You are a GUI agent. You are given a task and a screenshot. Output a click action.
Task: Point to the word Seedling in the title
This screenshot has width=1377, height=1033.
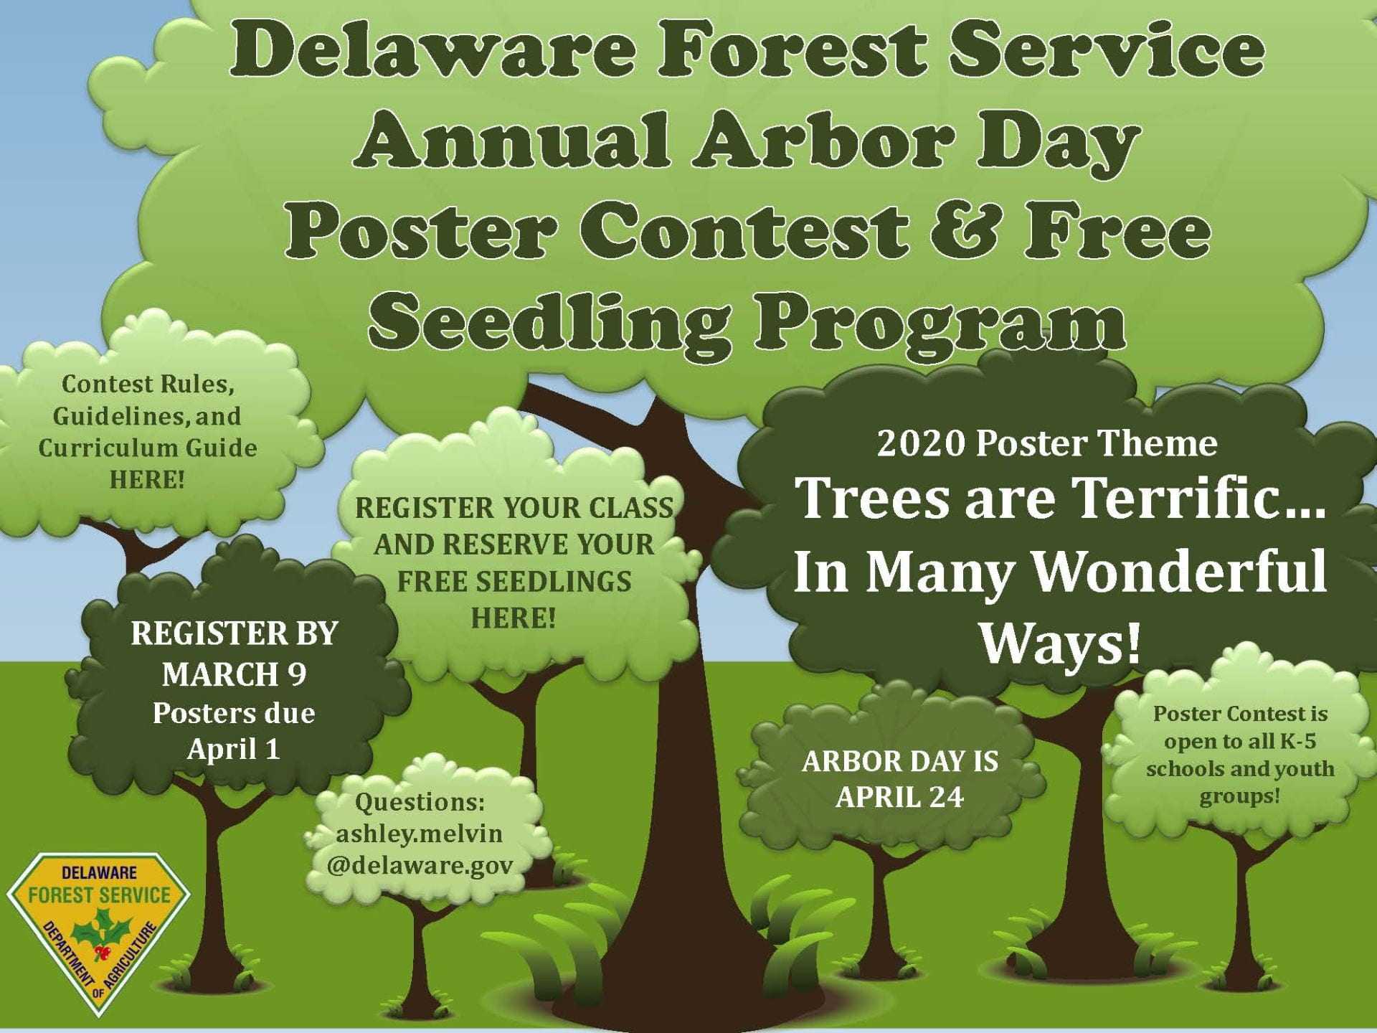pyautogui.click(x=548, y=322)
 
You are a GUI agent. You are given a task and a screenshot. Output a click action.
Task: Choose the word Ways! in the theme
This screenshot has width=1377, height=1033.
pyautogui.click(x=1060, y=642)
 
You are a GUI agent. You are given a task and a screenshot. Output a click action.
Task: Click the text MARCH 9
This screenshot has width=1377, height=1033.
pyautogui.click(x=234, y=674)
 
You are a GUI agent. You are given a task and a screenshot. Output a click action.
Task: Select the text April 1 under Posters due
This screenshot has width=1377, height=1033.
pyautogui.click(x=233, y=749)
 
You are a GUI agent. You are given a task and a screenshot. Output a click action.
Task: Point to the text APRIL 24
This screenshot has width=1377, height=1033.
pyautogui.click(x=899, y=797)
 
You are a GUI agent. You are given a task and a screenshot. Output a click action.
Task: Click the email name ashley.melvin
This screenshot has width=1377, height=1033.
pyautogui.click(x=419, y=834)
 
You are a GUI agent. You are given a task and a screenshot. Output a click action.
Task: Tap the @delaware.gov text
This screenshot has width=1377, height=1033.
pyautogui.click(x=420, y=866)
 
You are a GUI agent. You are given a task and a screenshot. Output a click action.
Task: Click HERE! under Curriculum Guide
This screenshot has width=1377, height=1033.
pyautogui.click(x=147, y=478)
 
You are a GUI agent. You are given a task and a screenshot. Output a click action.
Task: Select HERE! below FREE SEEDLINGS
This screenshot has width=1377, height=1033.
pyautogui.click(x=513, y=618)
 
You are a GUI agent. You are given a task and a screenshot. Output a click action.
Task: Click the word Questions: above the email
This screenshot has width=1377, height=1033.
pyautogui.click(x=420, y=802)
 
